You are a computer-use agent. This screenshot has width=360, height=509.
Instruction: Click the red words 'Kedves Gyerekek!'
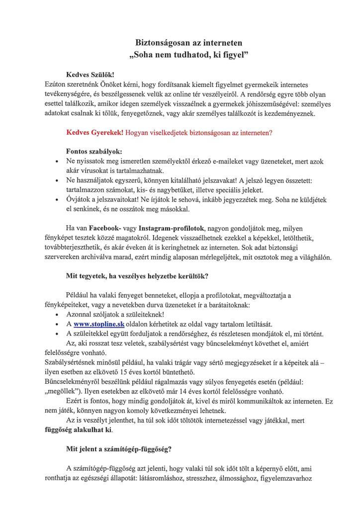(95, 133)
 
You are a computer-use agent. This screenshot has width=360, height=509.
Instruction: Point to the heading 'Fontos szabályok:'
(93, 151)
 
